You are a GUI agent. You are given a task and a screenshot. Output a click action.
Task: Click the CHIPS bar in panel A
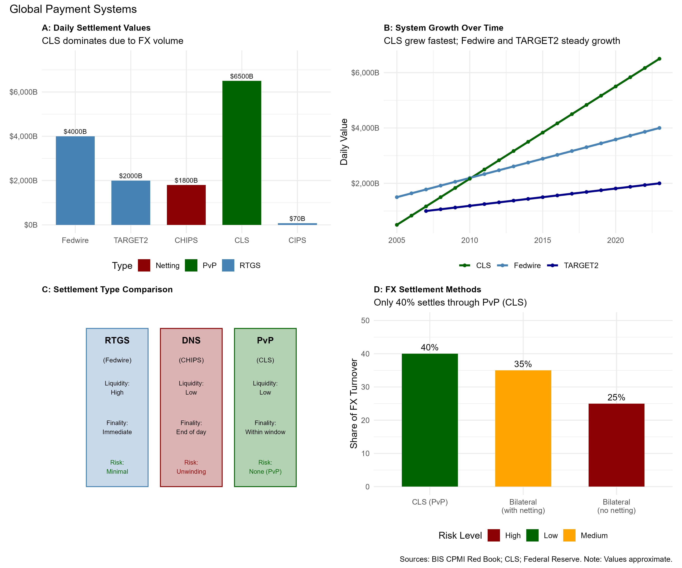[x=186, y=205]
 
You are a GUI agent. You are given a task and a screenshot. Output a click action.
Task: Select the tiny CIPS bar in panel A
[x=297, y=224]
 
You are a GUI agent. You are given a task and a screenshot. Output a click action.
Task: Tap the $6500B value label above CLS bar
[x=242, y=76]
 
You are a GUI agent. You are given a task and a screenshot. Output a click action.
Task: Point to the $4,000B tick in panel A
[x=23, y=136]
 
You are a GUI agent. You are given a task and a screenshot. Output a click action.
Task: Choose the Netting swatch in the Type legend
[x=144, y=265]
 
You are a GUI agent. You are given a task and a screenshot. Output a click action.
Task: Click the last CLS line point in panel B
[x=659, y=59]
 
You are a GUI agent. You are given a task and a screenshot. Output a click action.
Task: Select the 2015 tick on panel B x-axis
[x=542, y=240]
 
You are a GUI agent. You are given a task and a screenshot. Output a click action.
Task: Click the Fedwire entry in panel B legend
[x=527, y=265]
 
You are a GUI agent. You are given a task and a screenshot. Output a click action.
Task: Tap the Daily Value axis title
[x=344, y=142]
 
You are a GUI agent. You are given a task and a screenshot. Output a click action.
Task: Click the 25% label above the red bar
[x=616, y=397]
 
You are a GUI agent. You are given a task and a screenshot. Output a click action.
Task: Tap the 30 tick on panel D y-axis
[x=365, y=387]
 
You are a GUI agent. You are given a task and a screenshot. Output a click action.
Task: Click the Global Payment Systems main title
[x=73, y=9]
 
